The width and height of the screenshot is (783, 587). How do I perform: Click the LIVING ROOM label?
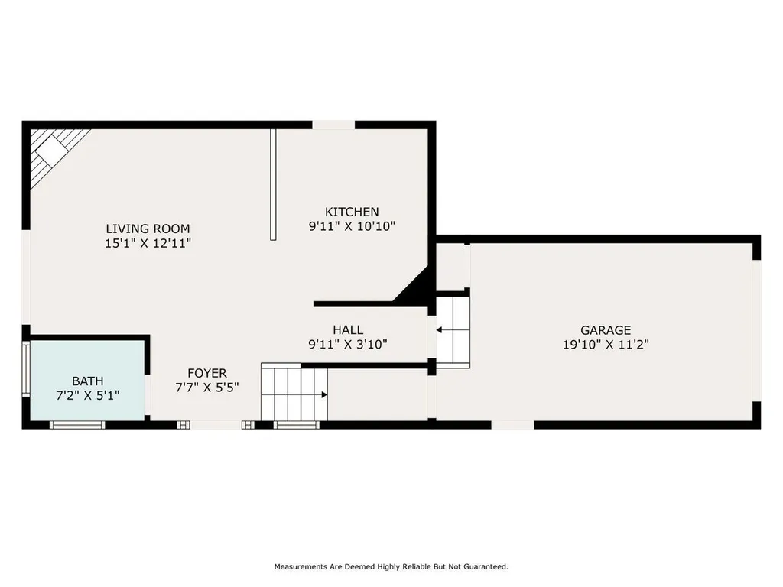point(148,229)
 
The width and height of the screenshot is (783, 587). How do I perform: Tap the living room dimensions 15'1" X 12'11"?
point(148,243)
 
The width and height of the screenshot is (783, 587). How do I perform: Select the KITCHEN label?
point(352,212)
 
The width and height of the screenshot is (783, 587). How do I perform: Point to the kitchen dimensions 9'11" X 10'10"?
point(352,226)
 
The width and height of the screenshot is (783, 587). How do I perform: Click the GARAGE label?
point(606,330)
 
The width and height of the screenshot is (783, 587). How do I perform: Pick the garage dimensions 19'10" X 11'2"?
point(606,345)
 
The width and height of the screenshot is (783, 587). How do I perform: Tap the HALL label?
point(348,330)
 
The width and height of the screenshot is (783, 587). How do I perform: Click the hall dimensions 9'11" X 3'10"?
point(348,345)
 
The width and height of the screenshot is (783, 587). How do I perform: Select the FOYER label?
point(206,373)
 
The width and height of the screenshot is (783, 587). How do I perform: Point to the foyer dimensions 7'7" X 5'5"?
point(206,388)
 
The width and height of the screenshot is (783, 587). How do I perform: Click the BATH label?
point(87,381)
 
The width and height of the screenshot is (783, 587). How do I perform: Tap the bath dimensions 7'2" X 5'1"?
point(87,395)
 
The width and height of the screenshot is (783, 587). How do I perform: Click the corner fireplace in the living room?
point(52,150)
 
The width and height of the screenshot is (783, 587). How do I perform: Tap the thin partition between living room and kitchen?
point(273,184)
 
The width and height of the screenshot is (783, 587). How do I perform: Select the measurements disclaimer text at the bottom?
point(391,566)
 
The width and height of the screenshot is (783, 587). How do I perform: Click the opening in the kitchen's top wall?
point(334,125)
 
